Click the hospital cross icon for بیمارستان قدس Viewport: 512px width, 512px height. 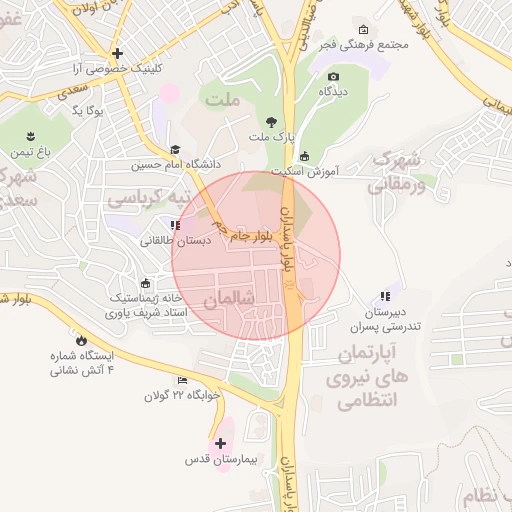pos(221,442)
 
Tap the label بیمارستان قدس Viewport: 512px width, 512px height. pos(221,461)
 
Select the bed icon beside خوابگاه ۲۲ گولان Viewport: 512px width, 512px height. pos(182,381)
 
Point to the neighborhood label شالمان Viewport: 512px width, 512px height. pos(230,299)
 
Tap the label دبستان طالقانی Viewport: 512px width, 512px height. pos(174,240)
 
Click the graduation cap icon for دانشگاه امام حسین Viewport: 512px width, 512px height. pos(175,150)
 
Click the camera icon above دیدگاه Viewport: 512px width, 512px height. pos(333,76)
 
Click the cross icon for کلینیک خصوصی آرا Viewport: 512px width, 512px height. pos(118,53)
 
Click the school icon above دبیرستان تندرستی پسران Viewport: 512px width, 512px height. pos(384,296)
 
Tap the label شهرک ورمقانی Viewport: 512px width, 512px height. pos(397,171)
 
